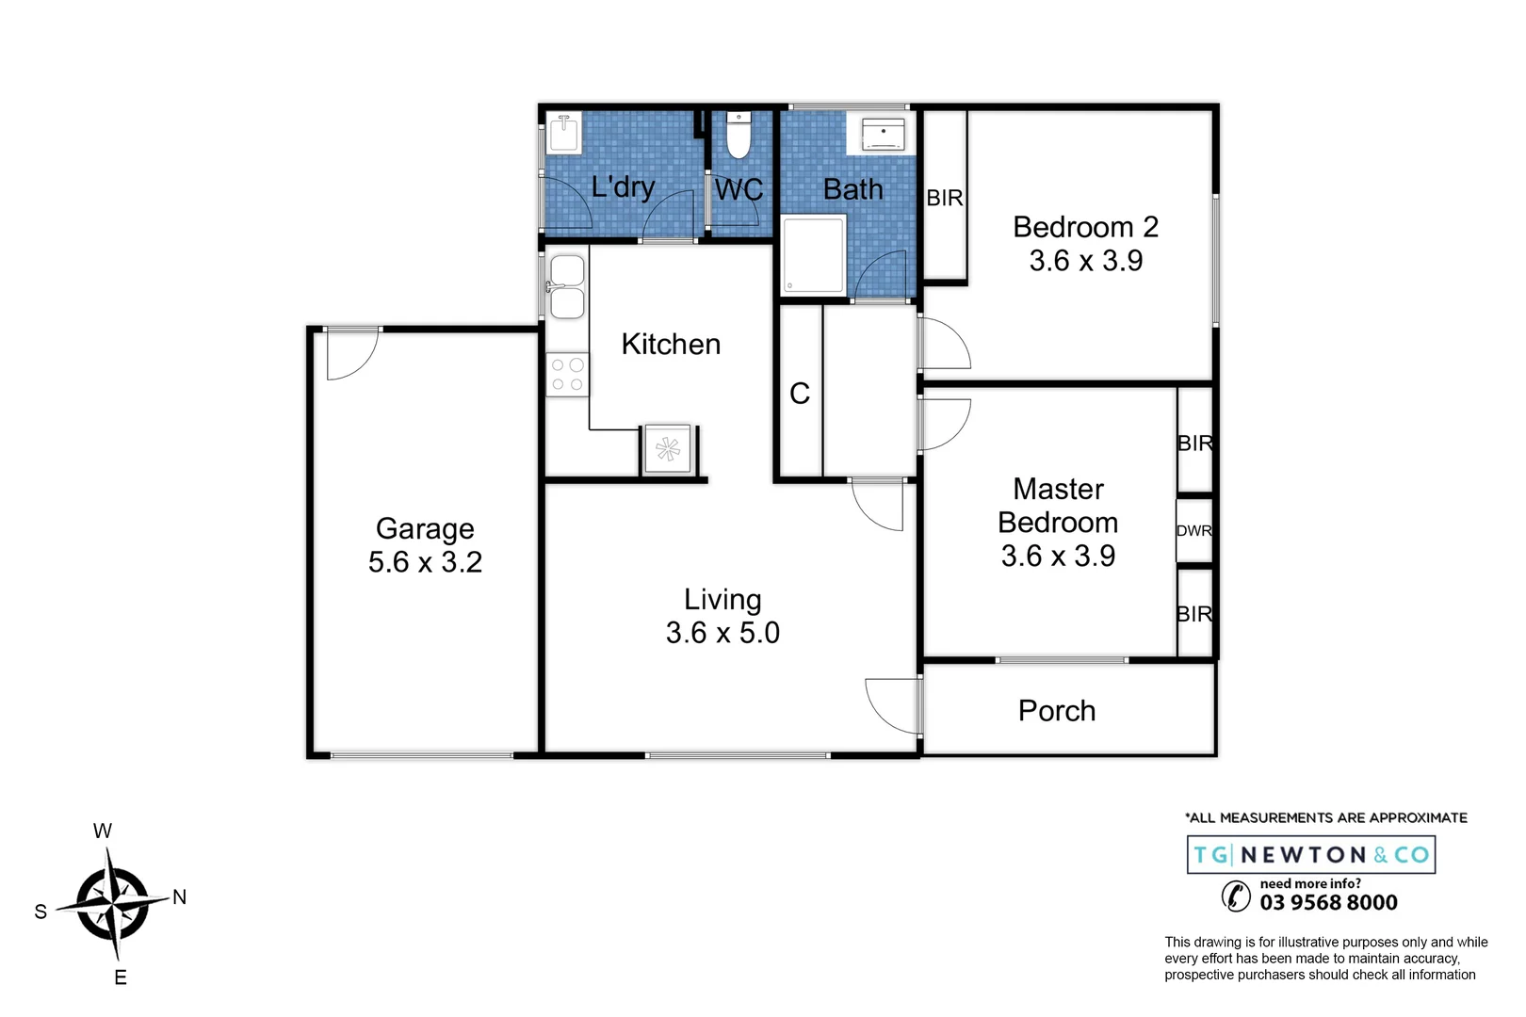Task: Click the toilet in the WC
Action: click(739, 137)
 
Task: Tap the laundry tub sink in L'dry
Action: click(564, 133)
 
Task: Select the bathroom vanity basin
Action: click(883, 135)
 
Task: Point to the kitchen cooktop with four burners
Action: click(567, 374)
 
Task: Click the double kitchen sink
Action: click(567, 288)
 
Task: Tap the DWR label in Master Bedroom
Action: click(1193, 530)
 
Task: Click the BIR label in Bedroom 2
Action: click(945, 198)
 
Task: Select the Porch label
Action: click(1057, 711)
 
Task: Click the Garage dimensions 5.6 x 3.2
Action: click(425, 562)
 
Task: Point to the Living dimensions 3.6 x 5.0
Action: click(722, 633)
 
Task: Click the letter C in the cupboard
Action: click(800, 394)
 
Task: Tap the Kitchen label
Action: click(671, 345)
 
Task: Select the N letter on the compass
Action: click(179, 897)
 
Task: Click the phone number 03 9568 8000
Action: click(1328, 902)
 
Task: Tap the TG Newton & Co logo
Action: click(1310, 855)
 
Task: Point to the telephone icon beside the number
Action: click(1235, 896)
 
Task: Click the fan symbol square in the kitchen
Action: click(668, 449)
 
